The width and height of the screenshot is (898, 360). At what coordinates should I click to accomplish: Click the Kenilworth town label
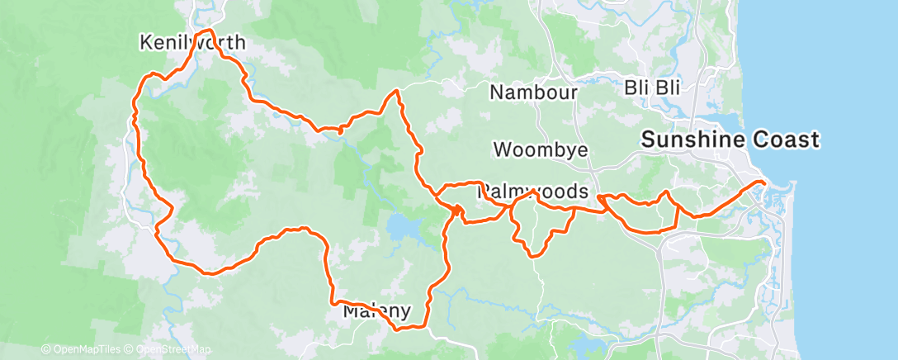coord(193,42)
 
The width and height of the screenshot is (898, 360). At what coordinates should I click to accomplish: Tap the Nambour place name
coord(533,92)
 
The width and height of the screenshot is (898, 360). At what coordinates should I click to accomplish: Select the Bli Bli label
coord(652,88)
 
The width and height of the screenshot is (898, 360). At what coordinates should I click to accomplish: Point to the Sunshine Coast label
coord(730,140)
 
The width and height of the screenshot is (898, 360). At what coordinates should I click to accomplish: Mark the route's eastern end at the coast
coord(763,181)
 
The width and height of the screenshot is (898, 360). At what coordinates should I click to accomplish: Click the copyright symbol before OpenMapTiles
coord(45,350)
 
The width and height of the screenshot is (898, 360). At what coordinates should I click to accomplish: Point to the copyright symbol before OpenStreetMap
coord(130,350)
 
